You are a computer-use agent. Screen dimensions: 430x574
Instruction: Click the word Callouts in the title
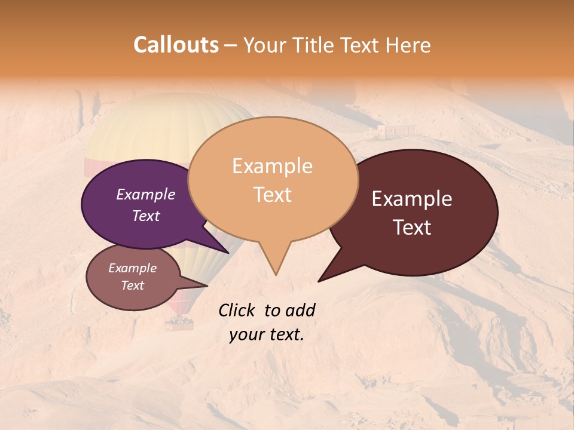(176, 45)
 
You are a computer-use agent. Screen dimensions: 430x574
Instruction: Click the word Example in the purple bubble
(145, 194)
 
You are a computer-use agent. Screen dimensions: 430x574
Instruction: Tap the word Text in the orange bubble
(273, 195)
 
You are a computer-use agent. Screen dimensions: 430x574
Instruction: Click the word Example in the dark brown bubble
(412, 199)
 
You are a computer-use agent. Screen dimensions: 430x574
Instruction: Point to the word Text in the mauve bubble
(132, 285)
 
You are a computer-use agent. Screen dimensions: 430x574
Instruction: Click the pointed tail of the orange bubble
(275, 269)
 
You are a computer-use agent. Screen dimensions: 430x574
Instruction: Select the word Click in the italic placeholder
(237, 310)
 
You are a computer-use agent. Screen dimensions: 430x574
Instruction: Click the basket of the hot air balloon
(179, 324)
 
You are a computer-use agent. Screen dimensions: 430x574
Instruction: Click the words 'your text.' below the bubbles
(267, 334)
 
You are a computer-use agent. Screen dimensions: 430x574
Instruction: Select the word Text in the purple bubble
(145, 216)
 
